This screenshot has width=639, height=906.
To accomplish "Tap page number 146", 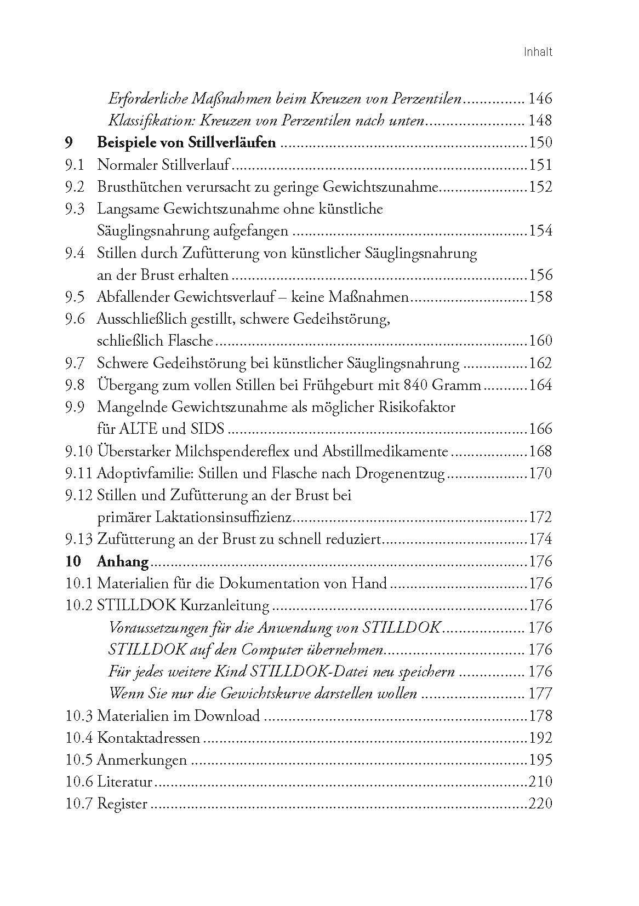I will click(x=539, y=99).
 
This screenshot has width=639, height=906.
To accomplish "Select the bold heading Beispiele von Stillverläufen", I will click(x=186, y=143).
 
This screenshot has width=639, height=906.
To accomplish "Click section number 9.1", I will click(x=74, y=165).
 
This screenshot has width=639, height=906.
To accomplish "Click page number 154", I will click(x=540, y=231).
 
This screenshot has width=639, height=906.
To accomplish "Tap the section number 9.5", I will click(x=74, y=297).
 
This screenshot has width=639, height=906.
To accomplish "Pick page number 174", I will click(x=540, y=539).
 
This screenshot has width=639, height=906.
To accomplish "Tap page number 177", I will click(x=539, y=693).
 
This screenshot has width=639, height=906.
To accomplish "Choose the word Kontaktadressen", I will click(x=149, y=738).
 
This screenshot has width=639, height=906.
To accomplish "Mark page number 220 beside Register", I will click(x=540, y=804).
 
